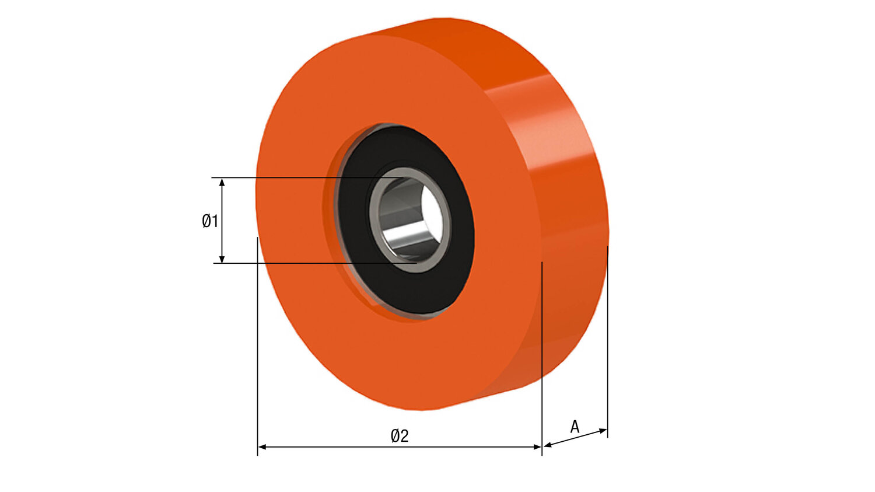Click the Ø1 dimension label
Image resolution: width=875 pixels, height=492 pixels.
(210, 221)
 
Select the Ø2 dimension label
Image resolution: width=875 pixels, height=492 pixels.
(400, 435)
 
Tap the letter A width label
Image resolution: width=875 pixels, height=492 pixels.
(575, 427)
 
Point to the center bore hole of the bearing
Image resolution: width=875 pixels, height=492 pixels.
(411, 219)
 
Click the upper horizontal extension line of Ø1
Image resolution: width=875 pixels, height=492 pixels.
(292, 177)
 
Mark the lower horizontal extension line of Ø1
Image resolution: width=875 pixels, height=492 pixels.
(292, 263)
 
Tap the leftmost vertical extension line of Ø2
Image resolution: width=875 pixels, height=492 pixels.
(257, 350)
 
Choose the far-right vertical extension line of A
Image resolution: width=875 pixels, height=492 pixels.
(607, 350)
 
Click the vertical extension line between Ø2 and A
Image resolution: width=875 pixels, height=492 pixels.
(542, 362)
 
